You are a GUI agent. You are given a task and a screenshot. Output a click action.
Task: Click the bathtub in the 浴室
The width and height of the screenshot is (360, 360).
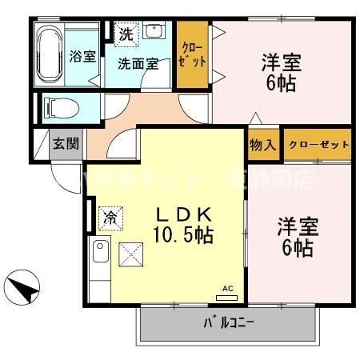coord(48,55)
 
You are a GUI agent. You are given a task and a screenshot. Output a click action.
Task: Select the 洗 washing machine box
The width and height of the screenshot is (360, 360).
coord(126,34)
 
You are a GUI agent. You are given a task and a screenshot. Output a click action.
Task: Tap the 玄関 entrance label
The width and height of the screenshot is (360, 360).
coord(66,145)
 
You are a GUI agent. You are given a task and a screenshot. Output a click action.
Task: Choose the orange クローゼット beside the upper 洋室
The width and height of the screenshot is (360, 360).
coord(192,54)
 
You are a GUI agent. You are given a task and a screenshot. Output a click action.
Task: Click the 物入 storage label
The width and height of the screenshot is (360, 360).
coord(263,145)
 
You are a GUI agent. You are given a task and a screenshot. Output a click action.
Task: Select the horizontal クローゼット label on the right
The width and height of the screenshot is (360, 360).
coord(318,145)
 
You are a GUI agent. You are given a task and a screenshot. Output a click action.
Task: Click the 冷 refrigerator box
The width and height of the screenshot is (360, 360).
coord(110,216)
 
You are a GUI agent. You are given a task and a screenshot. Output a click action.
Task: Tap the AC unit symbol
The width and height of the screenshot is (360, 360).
coord(226,294)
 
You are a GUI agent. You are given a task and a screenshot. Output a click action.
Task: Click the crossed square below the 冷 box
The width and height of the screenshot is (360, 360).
coord(129,255)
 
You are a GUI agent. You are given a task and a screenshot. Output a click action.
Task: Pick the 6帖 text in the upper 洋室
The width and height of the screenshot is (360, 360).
coord(283,82)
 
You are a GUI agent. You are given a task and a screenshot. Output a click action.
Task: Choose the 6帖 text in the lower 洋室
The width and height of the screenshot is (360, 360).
coord(298,246)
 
